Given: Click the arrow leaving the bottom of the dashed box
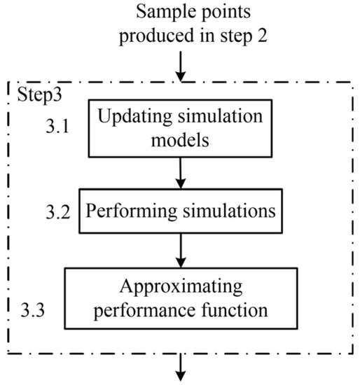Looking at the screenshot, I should coord(181,367).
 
